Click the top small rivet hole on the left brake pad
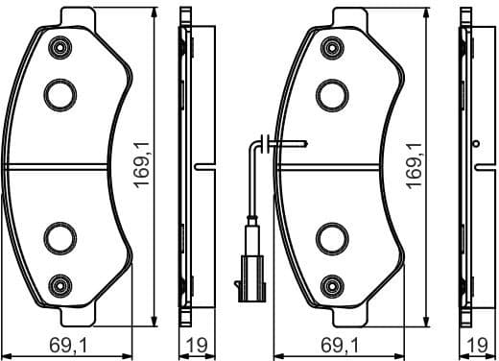pos(62,45)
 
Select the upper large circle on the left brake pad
pos(61,93)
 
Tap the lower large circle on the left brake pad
pos(61,234)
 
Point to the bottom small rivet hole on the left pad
pos(62,283)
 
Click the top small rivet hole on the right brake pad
pos(332,45)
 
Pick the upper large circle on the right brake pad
pos(331,93)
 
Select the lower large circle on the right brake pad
pos(331,234)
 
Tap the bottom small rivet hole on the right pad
pos(332,283)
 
